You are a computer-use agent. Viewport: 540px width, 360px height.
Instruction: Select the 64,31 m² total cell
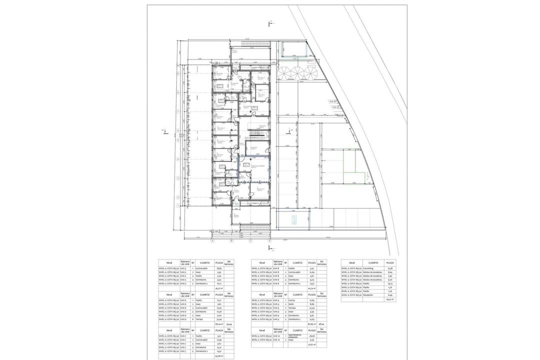click(390, 299)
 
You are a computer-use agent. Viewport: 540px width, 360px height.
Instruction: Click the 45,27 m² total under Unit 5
click(219, 288)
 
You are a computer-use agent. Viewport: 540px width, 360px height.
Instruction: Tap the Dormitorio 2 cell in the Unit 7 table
click(202, 351)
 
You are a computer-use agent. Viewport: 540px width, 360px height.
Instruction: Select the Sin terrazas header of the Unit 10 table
click(322, 330)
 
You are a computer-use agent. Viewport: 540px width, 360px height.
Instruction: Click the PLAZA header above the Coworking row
click(390, 262)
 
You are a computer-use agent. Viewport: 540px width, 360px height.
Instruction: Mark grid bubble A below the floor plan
click(212, 240)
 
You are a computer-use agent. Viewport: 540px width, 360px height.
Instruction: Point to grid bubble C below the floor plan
click(251, 240)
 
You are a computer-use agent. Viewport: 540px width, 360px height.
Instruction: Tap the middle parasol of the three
click(298, 73)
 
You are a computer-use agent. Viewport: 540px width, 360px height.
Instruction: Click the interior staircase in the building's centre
click(256, 137)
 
